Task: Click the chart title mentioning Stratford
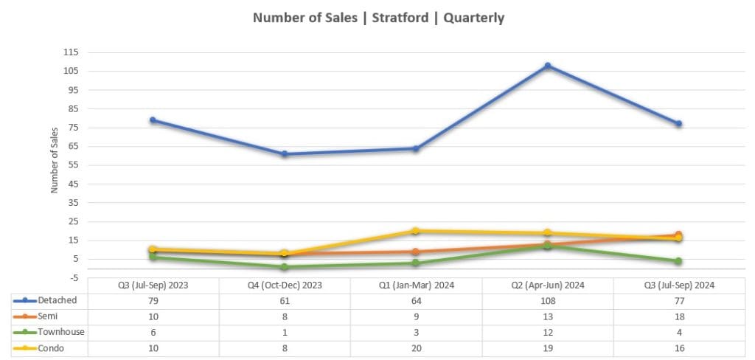tap(378, 18)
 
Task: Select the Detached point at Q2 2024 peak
tap(548, 66)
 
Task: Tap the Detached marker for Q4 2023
tap(285, 154)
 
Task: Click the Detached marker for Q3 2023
tap(153, 120)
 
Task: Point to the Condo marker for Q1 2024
tap(416, 231)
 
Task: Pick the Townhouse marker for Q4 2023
tap(285, 266)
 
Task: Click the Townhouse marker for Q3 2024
tap(678, 261)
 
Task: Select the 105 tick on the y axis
tap(72, 72)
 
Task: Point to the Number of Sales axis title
tap(55, 159)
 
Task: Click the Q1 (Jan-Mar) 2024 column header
tap(416, 285)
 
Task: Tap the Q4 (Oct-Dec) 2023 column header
tap(285, 285)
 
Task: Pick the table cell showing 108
tap(547, 300)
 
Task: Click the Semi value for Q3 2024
tap(678, 316)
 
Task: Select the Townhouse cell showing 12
tap(547, 332)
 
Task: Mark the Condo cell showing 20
tap(416, 347)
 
